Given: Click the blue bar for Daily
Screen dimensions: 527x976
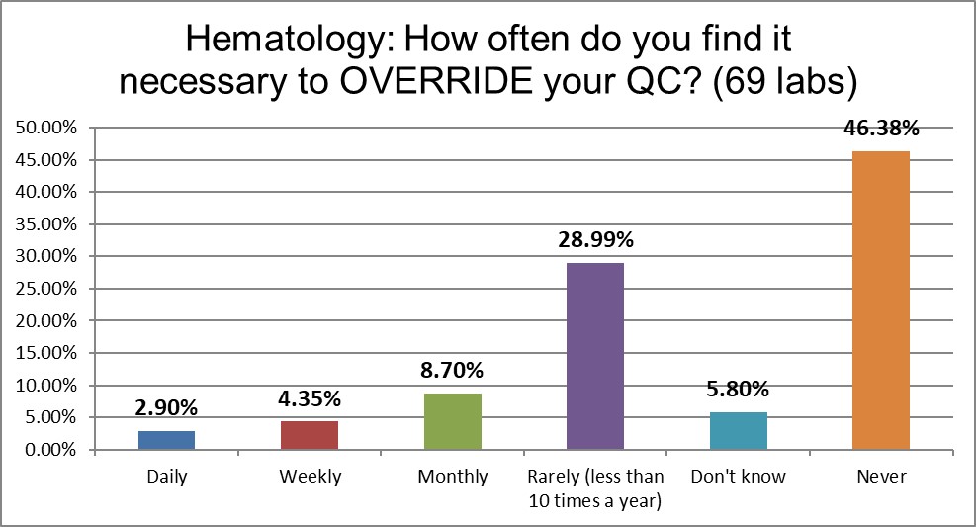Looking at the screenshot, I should pos(166,440).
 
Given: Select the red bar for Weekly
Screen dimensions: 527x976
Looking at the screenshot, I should pos(310,435).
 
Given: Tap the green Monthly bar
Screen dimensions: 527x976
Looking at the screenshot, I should pos(452,421).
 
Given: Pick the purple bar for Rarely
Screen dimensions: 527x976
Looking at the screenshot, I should pos(594,356).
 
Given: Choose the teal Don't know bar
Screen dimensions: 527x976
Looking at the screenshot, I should pos(738,431).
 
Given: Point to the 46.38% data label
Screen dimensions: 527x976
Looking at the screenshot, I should pos(880,130).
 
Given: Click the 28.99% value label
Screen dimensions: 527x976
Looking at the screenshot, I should pos(594,241).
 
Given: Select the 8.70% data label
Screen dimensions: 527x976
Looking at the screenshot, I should pos(452,372).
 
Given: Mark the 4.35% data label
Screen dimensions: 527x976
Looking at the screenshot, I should pos(310,400).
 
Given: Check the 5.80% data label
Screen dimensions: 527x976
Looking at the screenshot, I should pos(738,391).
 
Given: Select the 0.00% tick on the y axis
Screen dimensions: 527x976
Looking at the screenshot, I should pos(50,450).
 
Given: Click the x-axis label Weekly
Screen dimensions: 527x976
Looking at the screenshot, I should pos(310,477).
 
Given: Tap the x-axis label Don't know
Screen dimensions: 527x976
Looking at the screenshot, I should pos(738,477).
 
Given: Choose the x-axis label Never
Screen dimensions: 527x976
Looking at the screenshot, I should pos(880,477).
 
